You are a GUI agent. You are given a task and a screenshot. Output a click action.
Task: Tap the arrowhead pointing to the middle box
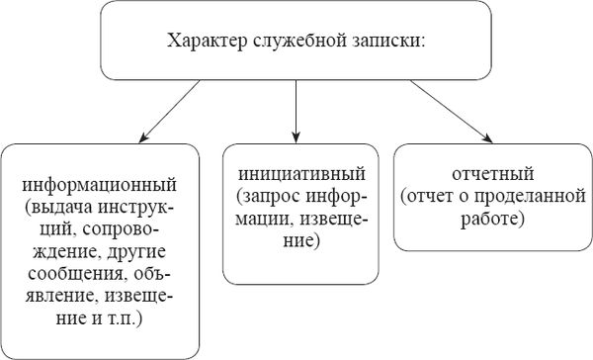click(x=296, y=133)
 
